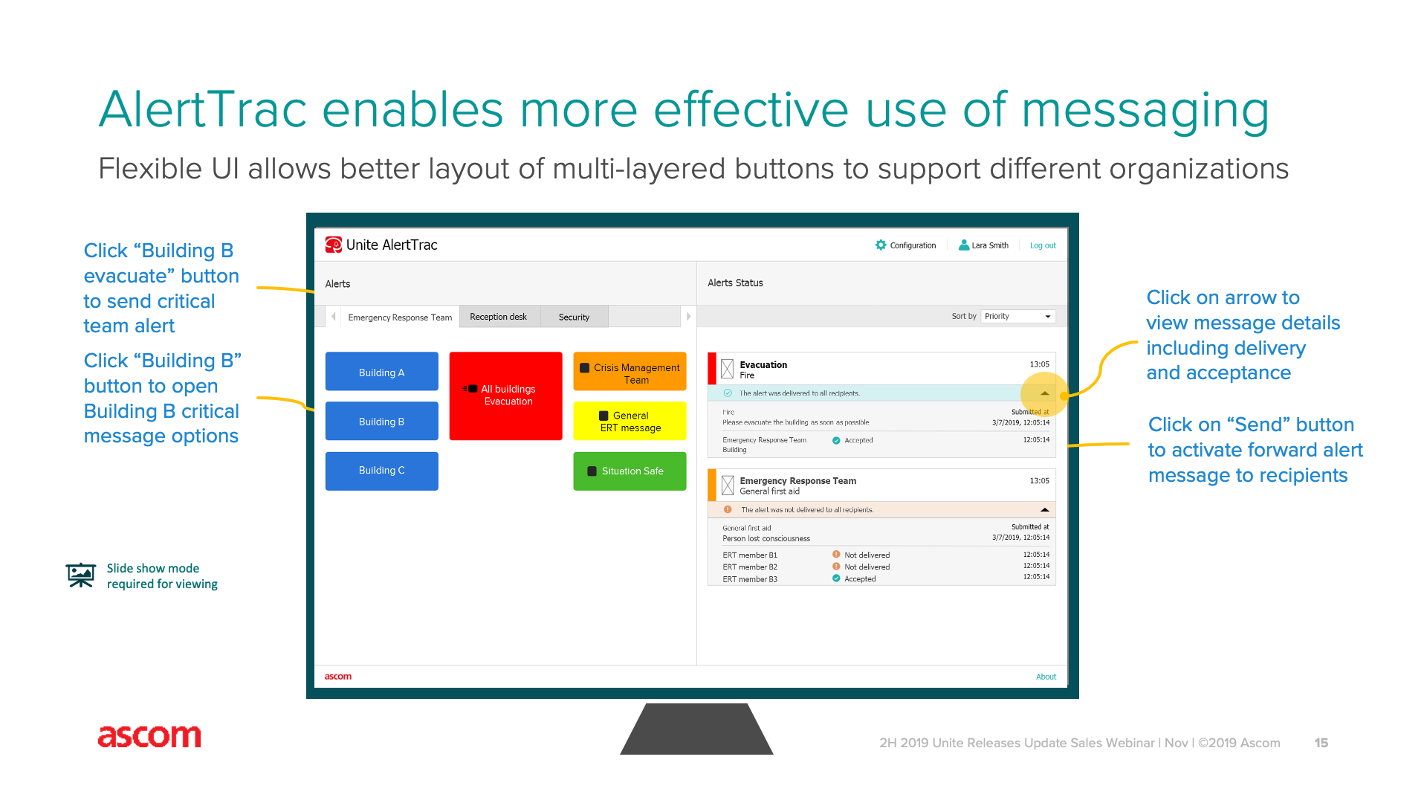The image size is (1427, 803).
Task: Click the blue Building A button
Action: coord(381,371)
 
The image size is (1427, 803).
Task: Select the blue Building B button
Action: coord(381,421)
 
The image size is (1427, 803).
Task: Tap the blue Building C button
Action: coord(381,471)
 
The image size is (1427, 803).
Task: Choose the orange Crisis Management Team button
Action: coord(630,371)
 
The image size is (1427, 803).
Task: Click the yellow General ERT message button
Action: coord(630,421)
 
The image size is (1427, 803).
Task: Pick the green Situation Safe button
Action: coord(630,471)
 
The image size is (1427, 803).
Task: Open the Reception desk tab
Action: coord(499,317)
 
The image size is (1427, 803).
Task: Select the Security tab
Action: coord(574,317)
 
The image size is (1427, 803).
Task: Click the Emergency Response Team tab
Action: coord(400,317)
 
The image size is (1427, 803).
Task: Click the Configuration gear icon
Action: coord(881,245)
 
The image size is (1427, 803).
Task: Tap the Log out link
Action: coord(1043,245)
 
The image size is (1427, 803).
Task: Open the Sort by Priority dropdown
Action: coord(1018,316)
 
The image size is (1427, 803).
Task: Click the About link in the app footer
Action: coord(1046,677)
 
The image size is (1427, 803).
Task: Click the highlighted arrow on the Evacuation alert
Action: coord(1044,393)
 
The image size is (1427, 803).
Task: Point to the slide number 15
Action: coord(1321,743)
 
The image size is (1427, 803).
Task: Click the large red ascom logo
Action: coord(149,736)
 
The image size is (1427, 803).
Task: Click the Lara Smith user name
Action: coord(990,245)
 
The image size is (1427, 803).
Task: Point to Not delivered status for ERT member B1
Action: coord(867,555)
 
